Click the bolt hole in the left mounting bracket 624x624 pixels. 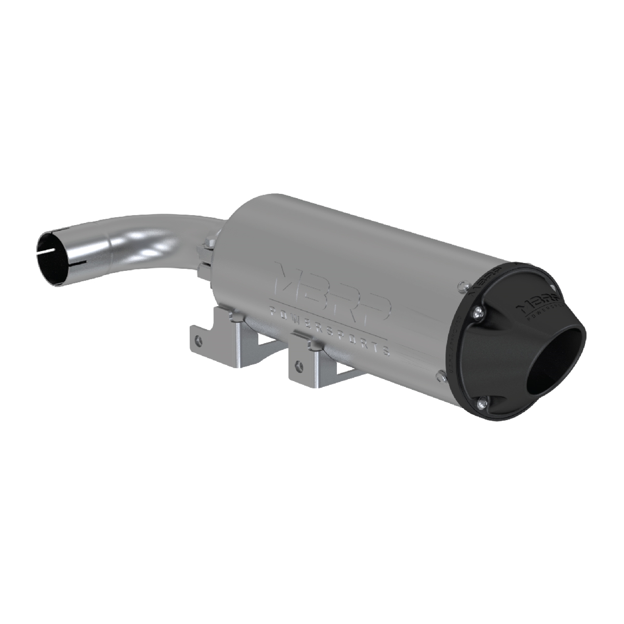point(201,340)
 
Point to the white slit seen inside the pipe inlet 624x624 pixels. point(47,250)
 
